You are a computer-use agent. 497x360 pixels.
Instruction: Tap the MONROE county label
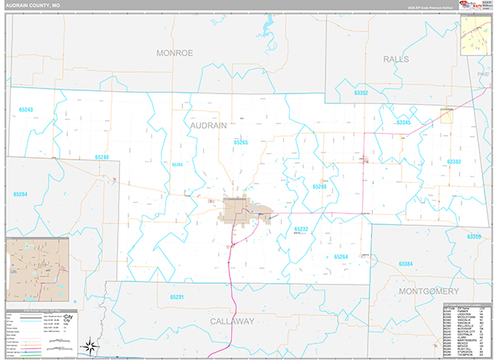coord(174,52)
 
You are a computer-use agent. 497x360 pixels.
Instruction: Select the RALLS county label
coord(396,60)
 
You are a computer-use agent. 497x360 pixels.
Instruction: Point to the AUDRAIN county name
coord(209,124)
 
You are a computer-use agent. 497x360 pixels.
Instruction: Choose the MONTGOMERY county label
coord(428,292)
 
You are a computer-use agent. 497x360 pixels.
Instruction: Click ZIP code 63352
coord(360,94)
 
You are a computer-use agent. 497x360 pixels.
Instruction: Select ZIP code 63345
coord(403,122)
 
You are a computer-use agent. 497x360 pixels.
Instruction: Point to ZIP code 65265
coord(240,142)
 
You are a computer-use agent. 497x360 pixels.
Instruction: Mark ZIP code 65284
coord(19,194)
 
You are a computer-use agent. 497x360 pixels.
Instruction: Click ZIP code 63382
coord(453,162)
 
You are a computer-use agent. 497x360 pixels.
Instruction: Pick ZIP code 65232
coord(301,229)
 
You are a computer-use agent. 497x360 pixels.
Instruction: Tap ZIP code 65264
coord(341,257)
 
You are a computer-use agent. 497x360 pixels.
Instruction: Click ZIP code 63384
coord(406,263)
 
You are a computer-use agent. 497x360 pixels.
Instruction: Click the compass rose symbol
coord(89,343)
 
